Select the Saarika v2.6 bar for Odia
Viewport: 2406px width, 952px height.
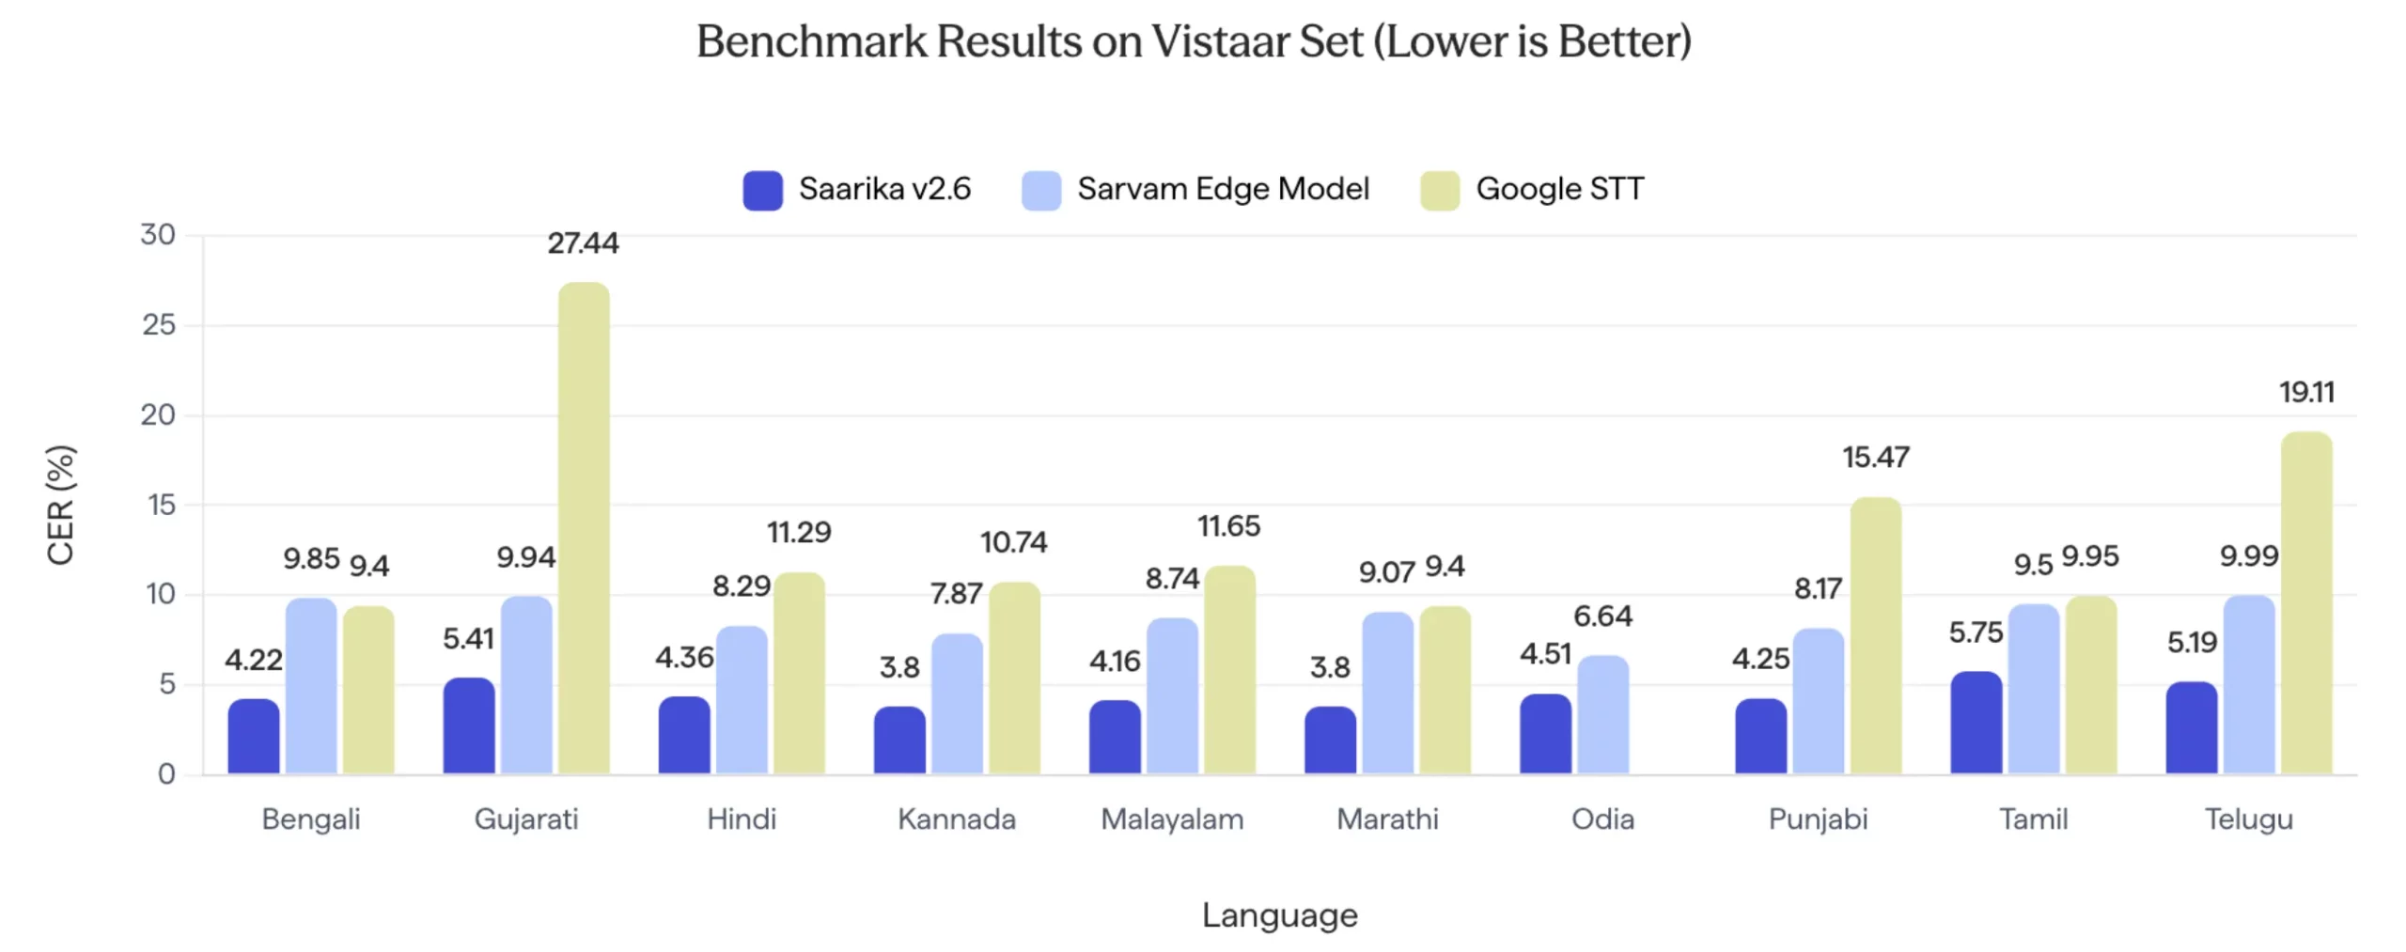pyautogui.click(x=1544, y=734)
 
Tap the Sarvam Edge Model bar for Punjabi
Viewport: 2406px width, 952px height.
pyautogui.click(x=1818, y=701)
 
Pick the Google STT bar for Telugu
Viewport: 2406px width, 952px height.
pyautogui.click(x=2305, y=602)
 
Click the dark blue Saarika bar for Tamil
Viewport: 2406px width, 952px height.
pyautogui.click(x=1976, y=723)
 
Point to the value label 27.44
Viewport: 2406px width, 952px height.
pyautogui.click(x=583, y=243)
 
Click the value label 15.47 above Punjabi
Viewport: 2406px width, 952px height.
pyautogui.click(x=1875, y=458)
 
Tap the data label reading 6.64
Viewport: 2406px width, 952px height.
pyautogui.click(x=1602, y=616)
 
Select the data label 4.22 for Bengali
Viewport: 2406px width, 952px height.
pyautogui.click(x=253, y=660)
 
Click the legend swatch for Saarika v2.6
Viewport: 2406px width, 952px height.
pyautogui.click(x=762, y=190)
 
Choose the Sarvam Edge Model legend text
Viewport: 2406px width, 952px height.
pyautogui.click(x=1222, y=189)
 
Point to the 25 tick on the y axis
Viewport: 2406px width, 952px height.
pyautogui.click(x=159, y=325)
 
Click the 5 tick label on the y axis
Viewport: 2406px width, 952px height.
pyautogui.click(x=166, y=684)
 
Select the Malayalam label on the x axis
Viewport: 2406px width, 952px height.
pyautogui.click(x=1171, y=819)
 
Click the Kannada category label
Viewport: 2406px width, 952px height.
pyautogui.click(x=956, y=819)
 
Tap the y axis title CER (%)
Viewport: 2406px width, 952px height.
pyautogui.click(x=60, y=505)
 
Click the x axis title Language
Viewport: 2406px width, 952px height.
pyautogui.click(x=1279, y=915)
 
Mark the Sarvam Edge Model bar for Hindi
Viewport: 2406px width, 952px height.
pyautogui.click(x=741, y=700)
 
